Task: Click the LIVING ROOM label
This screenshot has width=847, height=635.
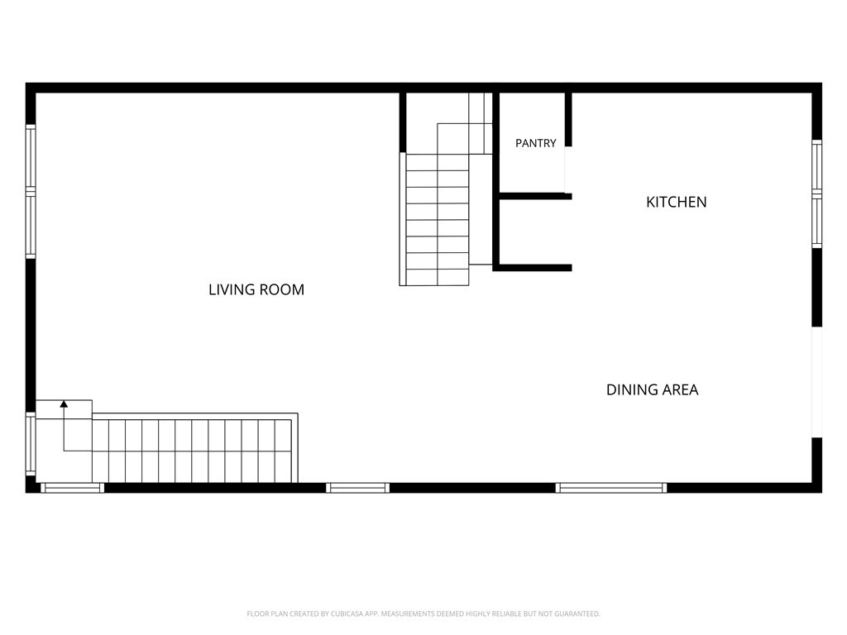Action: click(x=256, y=289)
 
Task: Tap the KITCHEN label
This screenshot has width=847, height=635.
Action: click(x=677, y=202)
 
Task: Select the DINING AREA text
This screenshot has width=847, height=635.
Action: click(x=652, y=390)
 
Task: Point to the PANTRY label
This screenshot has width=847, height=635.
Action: click(x=535, y=143)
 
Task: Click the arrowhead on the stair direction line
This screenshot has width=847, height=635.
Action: click(x=64, y=403)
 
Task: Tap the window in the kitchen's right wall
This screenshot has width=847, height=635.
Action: click(x=816, y=193)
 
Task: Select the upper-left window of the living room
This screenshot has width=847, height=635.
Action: click(x=31, y=191)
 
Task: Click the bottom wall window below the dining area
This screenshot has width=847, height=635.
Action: click(x=611, y=488)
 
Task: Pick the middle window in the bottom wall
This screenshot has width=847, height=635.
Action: click(x=357, y=488)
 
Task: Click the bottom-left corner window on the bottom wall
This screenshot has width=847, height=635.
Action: click(x=73, y=488)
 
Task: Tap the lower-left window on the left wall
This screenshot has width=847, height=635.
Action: click(x=31, y=444)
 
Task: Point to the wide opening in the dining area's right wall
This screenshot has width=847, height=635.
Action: click(x=816, y=382)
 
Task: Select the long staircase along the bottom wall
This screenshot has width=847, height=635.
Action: click(x=194, y=448)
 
